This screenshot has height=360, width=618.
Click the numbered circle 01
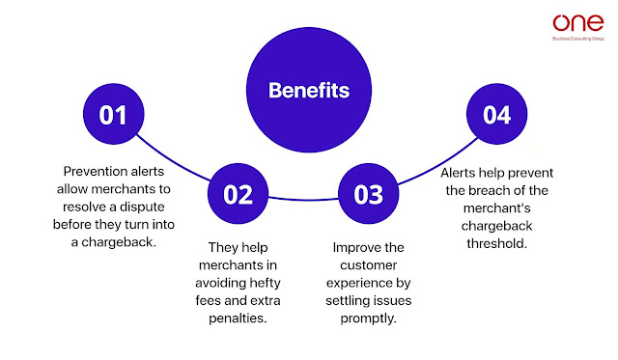click(x=114, y=114)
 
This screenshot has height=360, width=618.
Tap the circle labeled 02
click(x=238, y=194)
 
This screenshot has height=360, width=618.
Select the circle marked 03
click(x=369, y=194)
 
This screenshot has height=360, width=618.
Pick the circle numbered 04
click(x=496, y=114)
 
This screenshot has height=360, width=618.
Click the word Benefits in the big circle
click(x=309, y=90)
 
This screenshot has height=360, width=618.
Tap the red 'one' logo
click(x=577, y=23)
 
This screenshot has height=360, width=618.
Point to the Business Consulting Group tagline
click(x=578, y=39)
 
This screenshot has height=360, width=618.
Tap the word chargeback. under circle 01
click(x=119, y=242)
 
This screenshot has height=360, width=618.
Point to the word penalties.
click(x=238, y=318)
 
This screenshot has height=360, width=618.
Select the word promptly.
click(x=369, y=318)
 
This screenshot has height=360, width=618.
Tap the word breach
click(x=487, y=191)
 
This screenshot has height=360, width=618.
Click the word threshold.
click(x=496, y=243)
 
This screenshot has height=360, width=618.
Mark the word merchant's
click(x=496, y=208)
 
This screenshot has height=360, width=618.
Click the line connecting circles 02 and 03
click(x=303, y=199)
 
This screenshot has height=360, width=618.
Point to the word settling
click(x=346, y=301)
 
